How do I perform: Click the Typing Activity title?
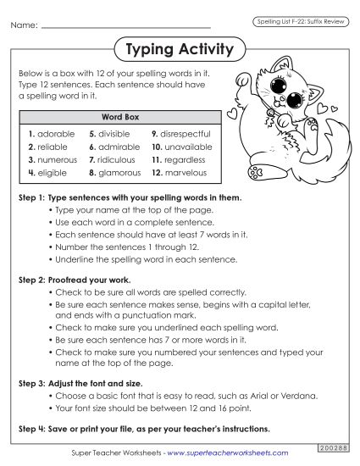179,50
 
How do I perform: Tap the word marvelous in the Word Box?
186,173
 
